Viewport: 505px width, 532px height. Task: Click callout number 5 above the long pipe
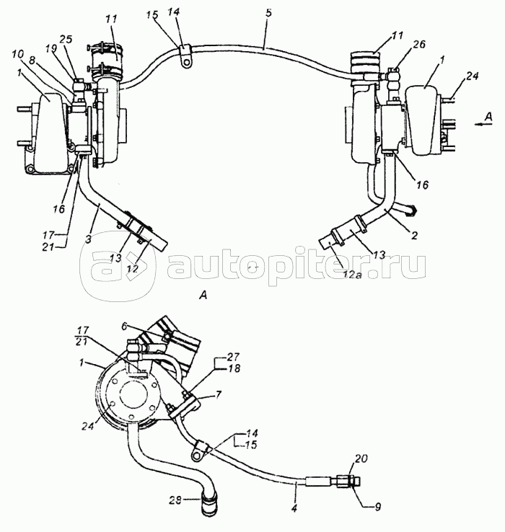[268, 14]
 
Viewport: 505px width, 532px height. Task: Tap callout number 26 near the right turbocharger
[419, 45]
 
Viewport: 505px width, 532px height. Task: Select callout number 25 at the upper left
[66, 39]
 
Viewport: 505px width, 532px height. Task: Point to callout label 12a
[353, 273]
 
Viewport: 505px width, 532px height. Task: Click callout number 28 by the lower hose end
[176, 500]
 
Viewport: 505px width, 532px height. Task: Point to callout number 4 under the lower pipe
[294, 509]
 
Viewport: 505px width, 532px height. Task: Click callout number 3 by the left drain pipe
[88, 239]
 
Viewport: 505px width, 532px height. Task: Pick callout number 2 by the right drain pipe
[414, 236]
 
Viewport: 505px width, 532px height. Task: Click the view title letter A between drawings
[203, 296]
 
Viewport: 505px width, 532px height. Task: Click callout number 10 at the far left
[18, 54]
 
